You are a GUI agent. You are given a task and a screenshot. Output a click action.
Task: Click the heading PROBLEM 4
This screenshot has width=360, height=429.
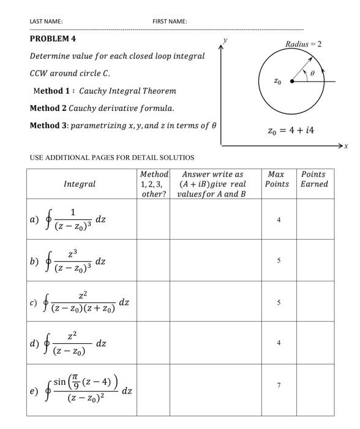pyautogui.click(x=53, y=39)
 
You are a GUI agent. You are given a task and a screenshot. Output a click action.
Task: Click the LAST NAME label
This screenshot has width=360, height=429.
pyautogui.click(x=46, y=21)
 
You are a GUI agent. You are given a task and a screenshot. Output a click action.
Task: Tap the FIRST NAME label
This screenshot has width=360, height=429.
pyautogui.click(x=170, y=21)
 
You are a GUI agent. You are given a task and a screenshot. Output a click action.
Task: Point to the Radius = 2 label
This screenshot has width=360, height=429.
pyautogui.click(x=303, y=44)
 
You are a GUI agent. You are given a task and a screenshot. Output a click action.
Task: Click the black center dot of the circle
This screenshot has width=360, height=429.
pyautogui.click(x=291, y=81)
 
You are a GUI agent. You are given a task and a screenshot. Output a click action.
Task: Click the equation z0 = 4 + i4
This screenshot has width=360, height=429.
pyautogui.click(x=291, y=131)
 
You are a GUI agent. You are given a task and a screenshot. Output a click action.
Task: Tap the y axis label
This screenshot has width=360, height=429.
pyautogui.click(x=225, y=40)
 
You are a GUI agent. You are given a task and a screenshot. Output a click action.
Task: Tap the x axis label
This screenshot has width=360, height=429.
pyautogui.click(x=346, y=146)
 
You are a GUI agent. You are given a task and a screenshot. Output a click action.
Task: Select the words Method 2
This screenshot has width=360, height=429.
pyautogui.click(x=48, y=108)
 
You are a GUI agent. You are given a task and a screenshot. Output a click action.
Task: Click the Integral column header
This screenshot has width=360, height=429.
pyautogui.click(x=80, y=184)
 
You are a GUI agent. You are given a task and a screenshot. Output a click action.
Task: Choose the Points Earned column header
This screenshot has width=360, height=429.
pyautogui.click(x=315, y=179)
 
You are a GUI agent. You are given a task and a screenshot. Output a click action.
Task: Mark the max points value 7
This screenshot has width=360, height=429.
pyautogui.click(x=278, y=385)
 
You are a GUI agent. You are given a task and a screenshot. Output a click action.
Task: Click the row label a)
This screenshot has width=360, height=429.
pyautogui.click(x=34, y=219)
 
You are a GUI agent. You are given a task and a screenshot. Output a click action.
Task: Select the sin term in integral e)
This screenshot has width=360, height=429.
pyautogui.click(x=59, y=382)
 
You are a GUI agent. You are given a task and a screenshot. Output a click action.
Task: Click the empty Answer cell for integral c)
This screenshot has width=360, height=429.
pyautogui.click(x=214, y=302)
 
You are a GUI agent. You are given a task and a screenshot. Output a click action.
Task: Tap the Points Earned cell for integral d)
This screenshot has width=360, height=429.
pyautogui.click(x=315, y=343)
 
